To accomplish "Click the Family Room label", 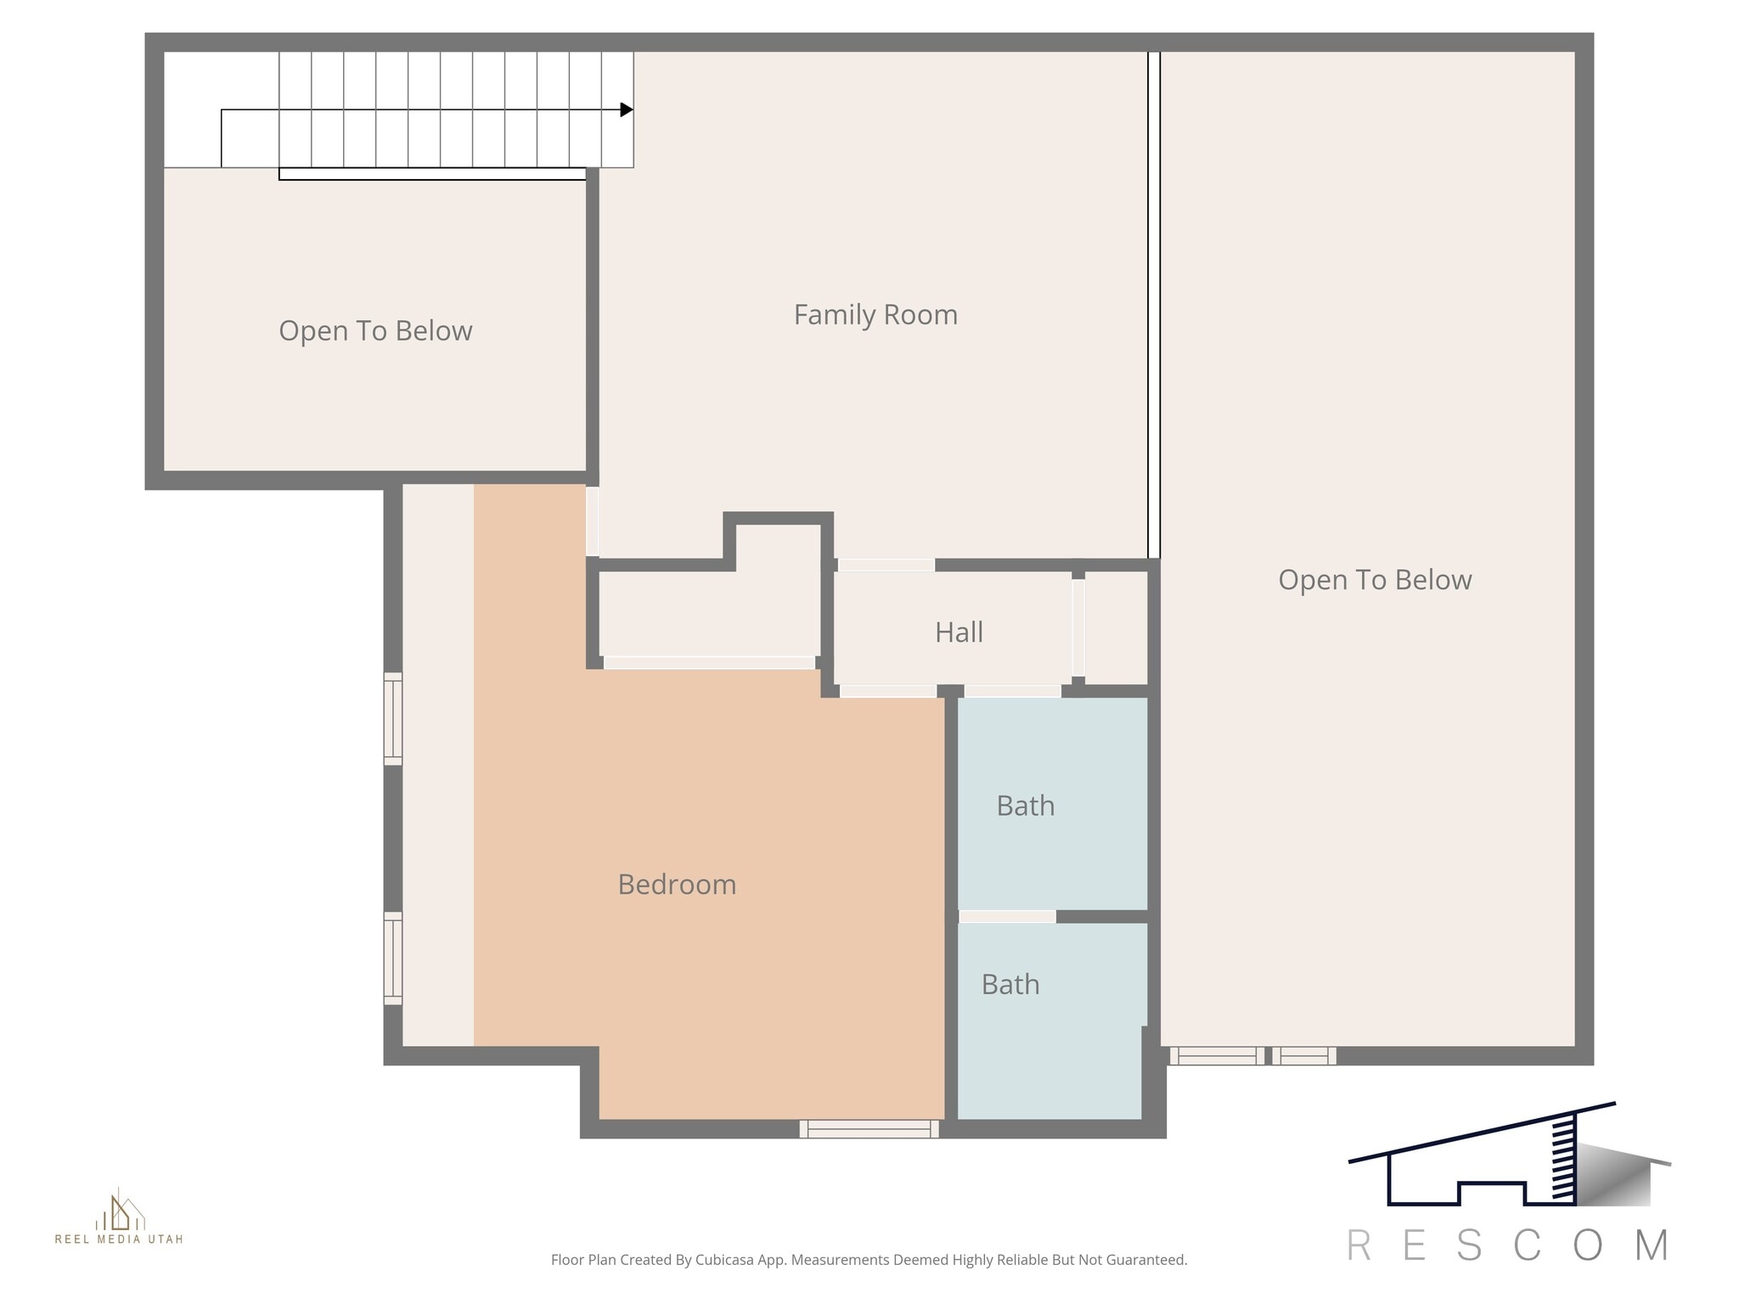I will [x=875, y=315].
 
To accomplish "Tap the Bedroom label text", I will [x=677, y=885].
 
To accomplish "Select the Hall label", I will [x=959, y=632].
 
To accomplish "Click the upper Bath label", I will [x=1025, y=806].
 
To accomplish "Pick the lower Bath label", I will [x=1010, y=985].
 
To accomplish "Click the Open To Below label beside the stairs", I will [x=375, y=331].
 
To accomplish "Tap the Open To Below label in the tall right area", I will [x=1374, y=580].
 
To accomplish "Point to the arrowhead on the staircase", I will [x=627, y=110].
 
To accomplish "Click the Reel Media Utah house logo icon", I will [x=120, y=1211].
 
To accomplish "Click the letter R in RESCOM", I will [x=1359, y=1246].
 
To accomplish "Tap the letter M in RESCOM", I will [x=1652, y=1246].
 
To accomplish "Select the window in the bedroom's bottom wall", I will [x=869, y=1129].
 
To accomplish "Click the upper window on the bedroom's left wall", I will [x=392, y=718].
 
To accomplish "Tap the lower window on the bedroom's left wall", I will [x=392, y=958].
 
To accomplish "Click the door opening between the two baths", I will [x=1007, y=917].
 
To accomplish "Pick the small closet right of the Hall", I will [x=1116, y=627].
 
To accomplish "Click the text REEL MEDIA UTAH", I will [x=119, y=1239].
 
